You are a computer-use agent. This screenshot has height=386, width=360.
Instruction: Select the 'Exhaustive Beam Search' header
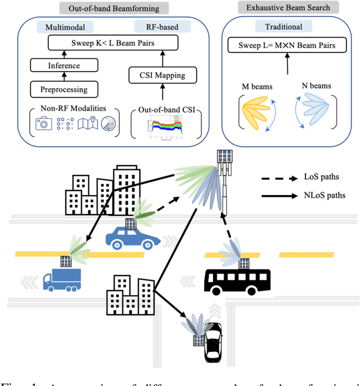(x=289, y=8)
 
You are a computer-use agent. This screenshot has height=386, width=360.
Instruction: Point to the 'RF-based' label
(x=163, y=26)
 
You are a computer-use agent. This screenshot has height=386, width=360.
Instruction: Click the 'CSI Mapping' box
(x=163, y=75)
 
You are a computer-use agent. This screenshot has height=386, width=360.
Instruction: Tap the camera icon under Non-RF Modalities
(x=43, y=124)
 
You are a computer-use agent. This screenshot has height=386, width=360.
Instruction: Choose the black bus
(x=238, y=279)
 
